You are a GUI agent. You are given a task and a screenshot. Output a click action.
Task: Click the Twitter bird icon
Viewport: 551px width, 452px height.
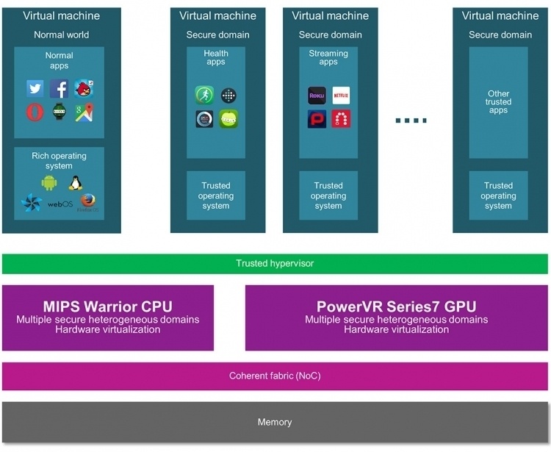(x=35, y=88)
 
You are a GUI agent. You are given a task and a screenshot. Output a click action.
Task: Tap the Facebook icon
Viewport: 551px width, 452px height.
(x=59, y=88)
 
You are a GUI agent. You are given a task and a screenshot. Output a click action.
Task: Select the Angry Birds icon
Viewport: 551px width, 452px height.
(x=84, y=88)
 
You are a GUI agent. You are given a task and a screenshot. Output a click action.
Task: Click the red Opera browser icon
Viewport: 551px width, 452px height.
(x=35, y=112)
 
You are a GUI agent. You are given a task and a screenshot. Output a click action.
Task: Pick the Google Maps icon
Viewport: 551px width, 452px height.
(x=84, y=112)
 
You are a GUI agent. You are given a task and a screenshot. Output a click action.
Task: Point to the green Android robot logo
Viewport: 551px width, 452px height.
(x=49, y=183)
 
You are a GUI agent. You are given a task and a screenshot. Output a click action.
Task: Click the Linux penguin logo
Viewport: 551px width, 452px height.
(x=76, y=183)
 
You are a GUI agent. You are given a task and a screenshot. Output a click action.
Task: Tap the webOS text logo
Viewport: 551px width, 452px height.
(x=60, y=204)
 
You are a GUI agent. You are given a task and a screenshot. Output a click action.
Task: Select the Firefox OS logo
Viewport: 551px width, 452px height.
(x=88, y=203)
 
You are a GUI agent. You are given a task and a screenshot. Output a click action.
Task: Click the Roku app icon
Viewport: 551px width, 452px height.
(x=317, y=96)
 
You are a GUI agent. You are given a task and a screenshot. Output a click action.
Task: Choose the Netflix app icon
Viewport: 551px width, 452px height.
(x=341, y=96)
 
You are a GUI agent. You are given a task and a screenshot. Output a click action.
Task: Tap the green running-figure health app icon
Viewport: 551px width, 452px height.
(x=204, y=96)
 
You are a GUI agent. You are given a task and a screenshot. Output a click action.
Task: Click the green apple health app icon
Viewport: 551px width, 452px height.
(x=228, y=119)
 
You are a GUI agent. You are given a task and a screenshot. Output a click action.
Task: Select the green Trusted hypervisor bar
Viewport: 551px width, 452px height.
(x=275, y=264)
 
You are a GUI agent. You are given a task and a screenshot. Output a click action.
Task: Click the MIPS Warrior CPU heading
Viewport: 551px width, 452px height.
(x=108, y=306)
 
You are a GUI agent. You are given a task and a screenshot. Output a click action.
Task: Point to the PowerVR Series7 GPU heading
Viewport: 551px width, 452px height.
(x=397, y=306)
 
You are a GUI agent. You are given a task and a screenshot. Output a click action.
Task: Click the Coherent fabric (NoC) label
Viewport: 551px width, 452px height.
(x=275, y=376)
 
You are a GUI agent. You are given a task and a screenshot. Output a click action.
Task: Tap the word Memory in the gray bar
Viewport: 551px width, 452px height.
(x=275, y=422)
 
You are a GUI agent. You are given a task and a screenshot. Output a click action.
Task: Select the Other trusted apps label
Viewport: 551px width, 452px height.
(x=498, y=102)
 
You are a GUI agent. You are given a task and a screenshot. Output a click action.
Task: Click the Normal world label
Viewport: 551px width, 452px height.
(x=62, y=35)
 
